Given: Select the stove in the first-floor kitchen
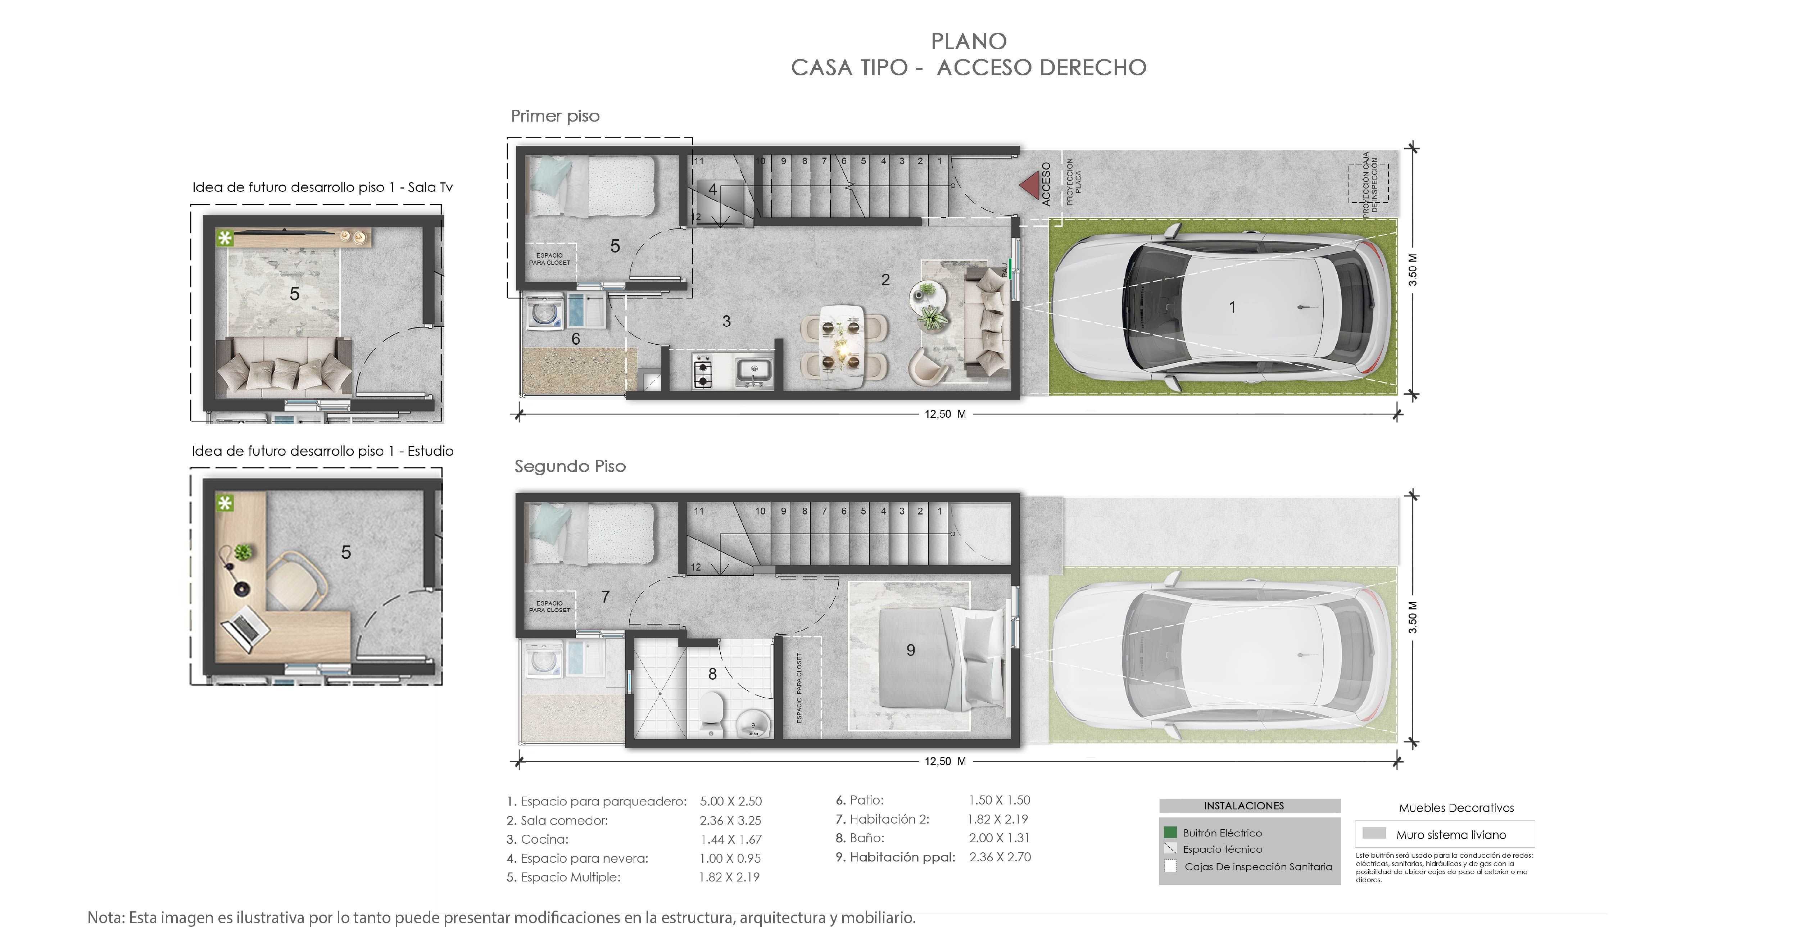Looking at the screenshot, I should (x=703, y=371).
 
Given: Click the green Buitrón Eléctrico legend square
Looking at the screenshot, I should (x=1170, y=832).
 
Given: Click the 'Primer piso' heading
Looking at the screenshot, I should (x=555, y=116).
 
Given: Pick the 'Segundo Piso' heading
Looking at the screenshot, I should (x=570, y=467).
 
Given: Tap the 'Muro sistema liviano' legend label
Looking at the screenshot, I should (x=1450, y=835).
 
